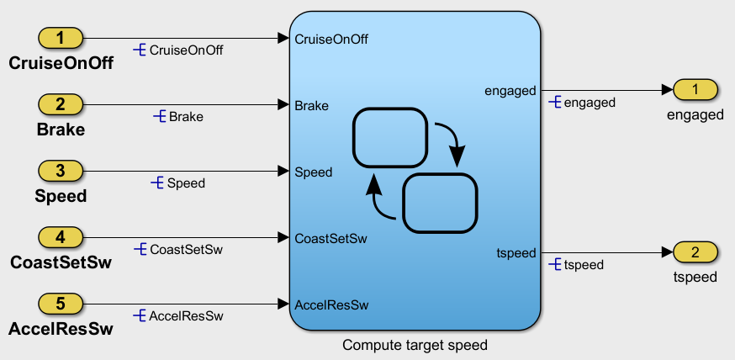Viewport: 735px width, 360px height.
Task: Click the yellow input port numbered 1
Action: pyautogui.click(x=61, y=38)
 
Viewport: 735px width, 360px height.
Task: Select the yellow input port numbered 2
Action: pyautogui.click(x=61, y=104)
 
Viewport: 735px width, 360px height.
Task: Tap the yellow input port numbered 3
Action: pyautogui.click(x=61, y=171)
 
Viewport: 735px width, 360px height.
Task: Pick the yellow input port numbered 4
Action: pyautogui.click(x=61, y=237)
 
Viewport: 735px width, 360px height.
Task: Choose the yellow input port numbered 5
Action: pyautogui.click(x=61, y=303)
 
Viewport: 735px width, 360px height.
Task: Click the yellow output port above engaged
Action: pyautogui.click(x=695, y=89)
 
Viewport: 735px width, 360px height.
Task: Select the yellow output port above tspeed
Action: pyautogui.click(x=695, y=252)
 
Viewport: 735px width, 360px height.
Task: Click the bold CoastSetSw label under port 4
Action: pyautogui.click(x=61, y=262)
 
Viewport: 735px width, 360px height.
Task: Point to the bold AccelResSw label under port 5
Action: pyautogui.click(x=61, y=329)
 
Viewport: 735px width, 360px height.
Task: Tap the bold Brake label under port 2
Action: pyautogui.click(x=61, y=130)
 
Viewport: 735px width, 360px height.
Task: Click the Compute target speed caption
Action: pyautogui.click(x=415, y=345)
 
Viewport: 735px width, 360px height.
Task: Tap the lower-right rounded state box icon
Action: pyautogui.click(x=440, y=204)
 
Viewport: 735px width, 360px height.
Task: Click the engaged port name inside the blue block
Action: pyautogui.click(x=510, y=91)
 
